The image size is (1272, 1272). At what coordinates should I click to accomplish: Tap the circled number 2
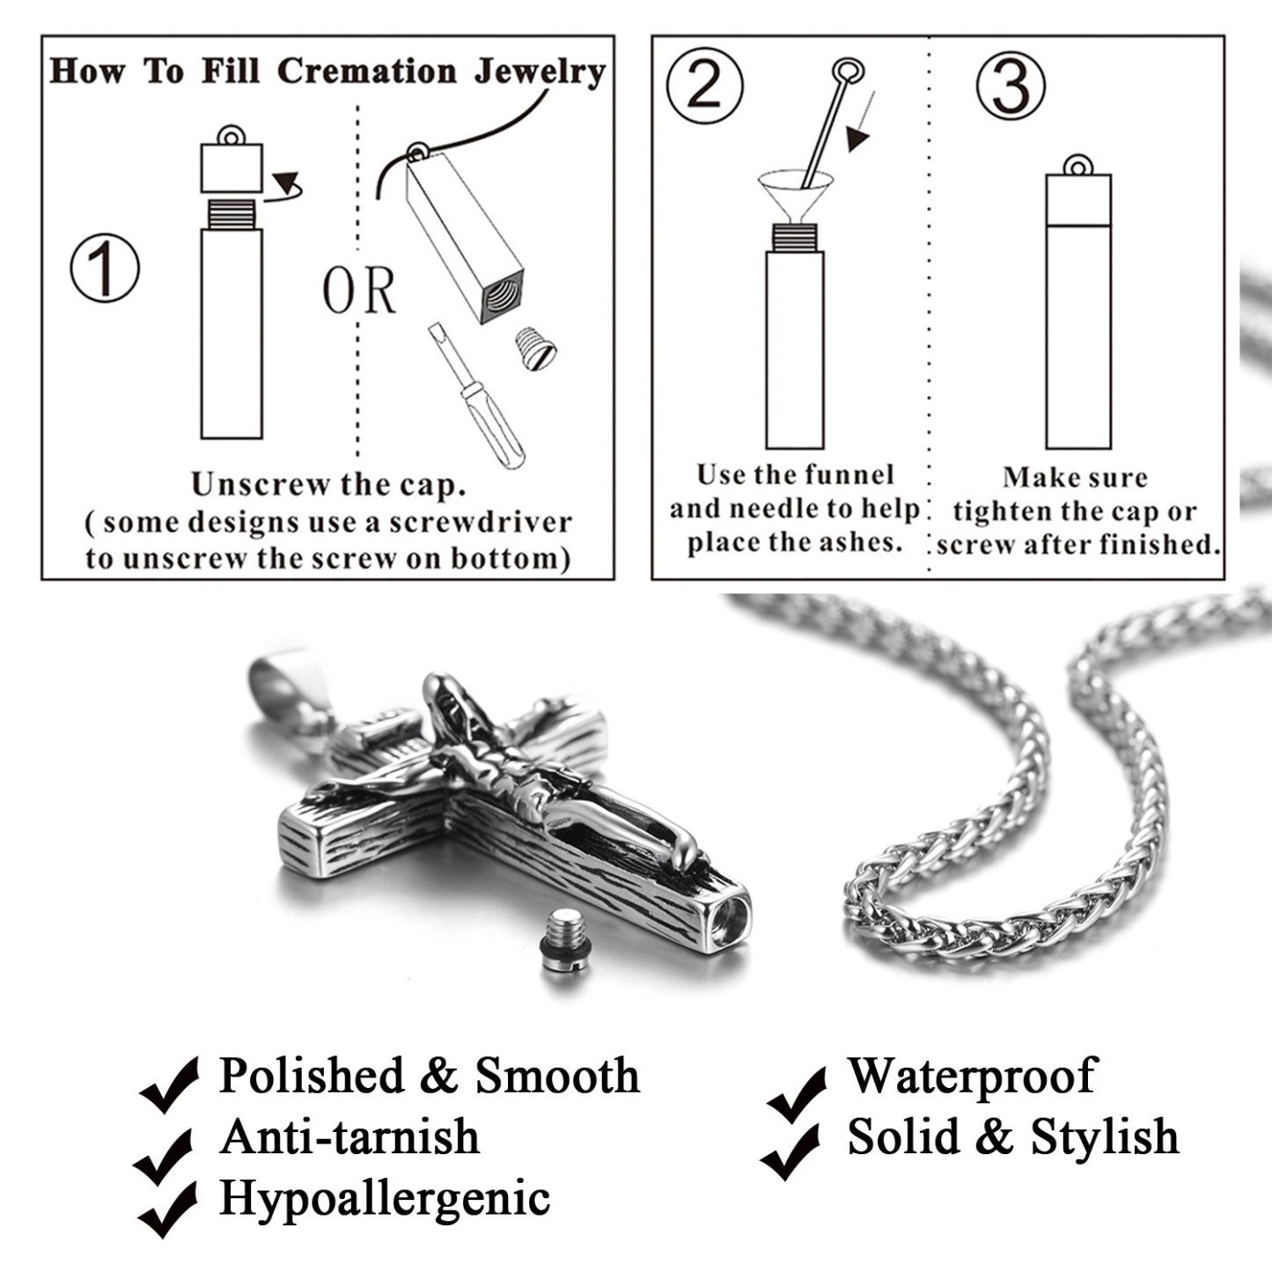point(703,87)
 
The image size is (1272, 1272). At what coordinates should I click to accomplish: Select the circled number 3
point(1011,86)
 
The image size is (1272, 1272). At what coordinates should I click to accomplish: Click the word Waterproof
point(971,1075)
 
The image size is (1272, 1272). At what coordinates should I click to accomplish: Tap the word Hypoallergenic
point(384,1198)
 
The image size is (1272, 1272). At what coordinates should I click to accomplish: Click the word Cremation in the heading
point(366,71)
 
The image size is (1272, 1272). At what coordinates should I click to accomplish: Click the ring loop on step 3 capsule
point(1077,165)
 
